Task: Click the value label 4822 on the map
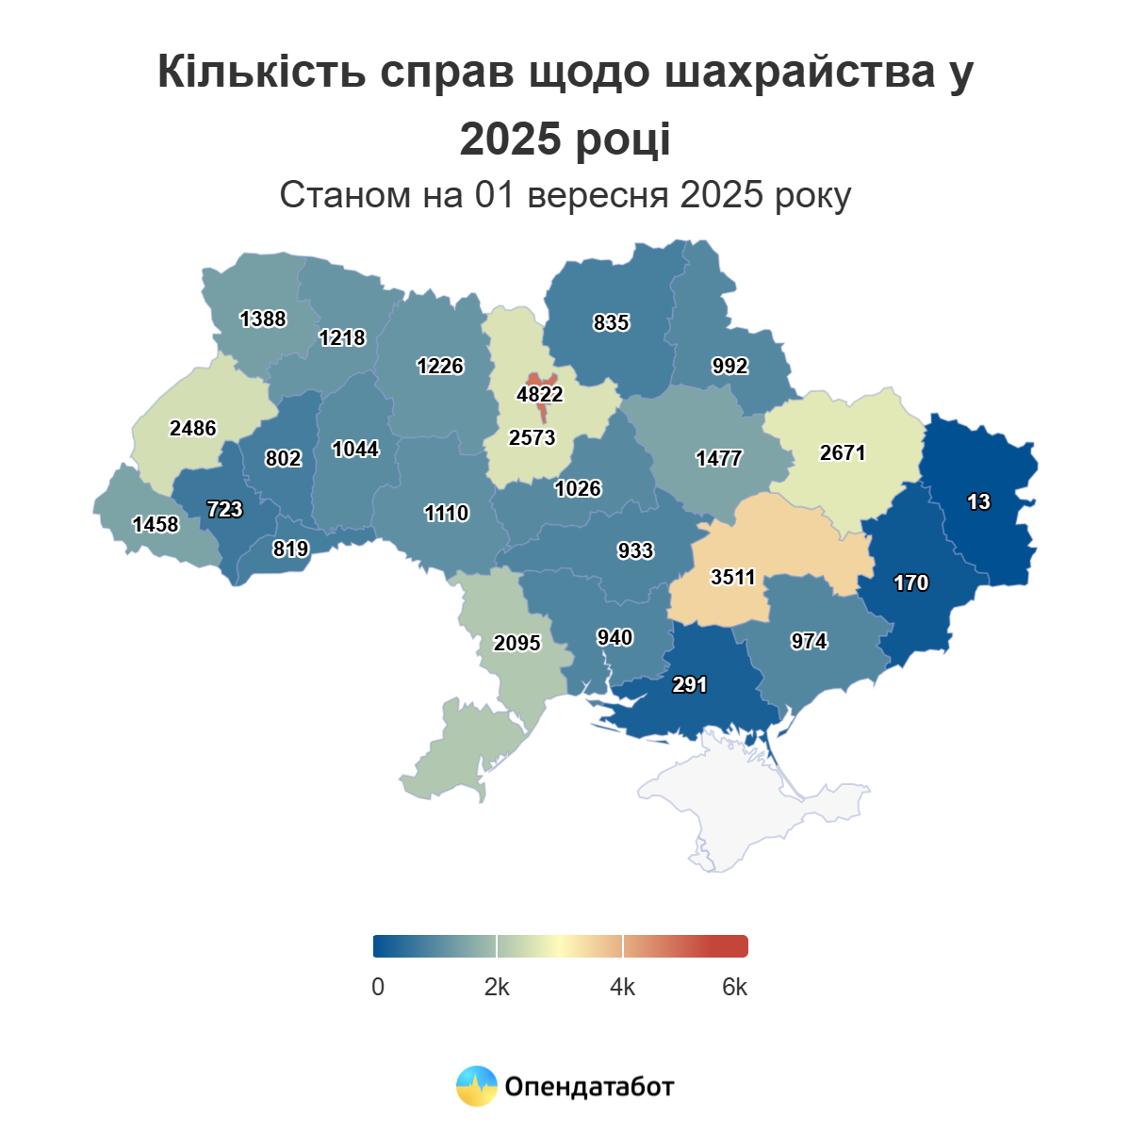point(540,394)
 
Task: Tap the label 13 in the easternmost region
point(978,501)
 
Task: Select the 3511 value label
point(733,577)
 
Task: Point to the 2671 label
point(843,452)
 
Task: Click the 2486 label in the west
point(193,428)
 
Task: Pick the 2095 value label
point(517,643)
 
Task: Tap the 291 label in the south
point(690,684)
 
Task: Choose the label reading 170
point(911,582)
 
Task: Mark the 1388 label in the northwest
point(263,319)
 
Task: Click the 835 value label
point(611,322)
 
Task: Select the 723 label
point(224,509)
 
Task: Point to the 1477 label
point(719,458)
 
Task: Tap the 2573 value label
point(533,437)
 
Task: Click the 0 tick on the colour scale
point(378,987)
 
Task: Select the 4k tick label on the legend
point(623,987)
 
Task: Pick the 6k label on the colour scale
point(735,987)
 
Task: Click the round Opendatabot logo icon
point(476,1086)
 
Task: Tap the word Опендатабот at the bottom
point(590,1087)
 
